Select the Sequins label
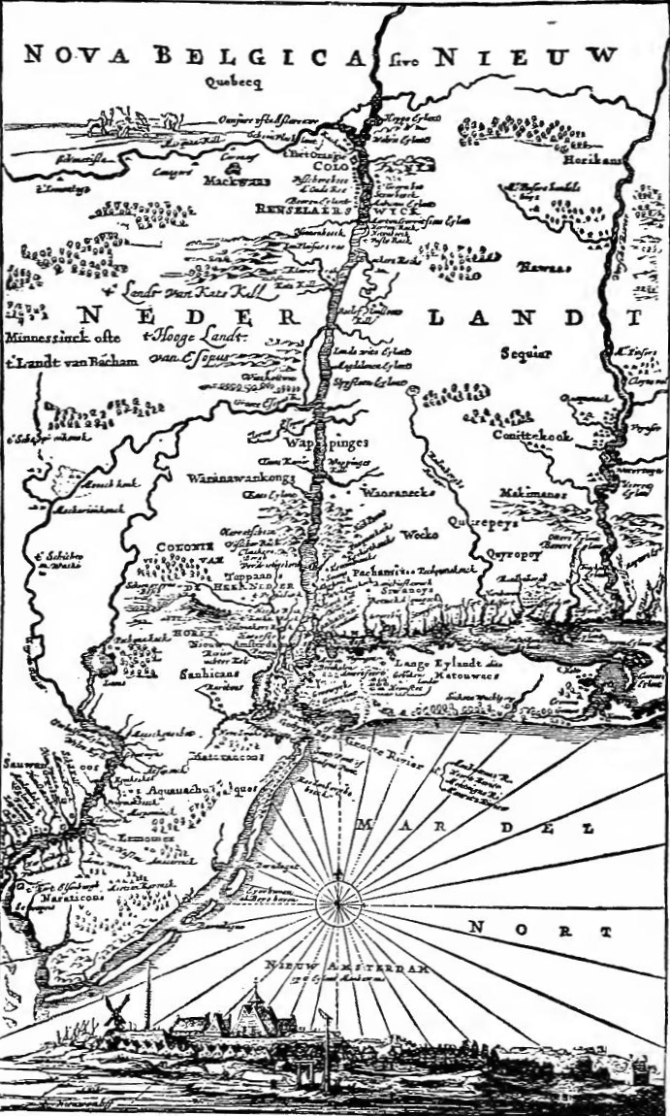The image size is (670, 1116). [526, 354]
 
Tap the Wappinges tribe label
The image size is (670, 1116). [313, 443]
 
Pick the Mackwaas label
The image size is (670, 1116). [230, 180]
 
